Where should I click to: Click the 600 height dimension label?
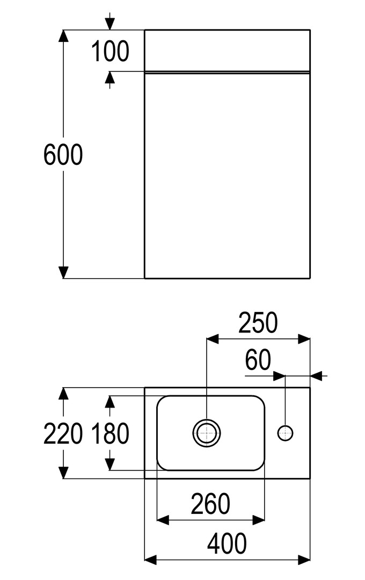[x=63, y=155]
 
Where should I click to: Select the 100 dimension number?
[x=110, y=51]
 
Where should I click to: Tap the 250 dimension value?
[x=258, y=323]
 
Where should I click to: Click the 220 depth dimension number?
[x=63, y=433]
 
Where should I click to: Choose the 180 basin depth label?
[x=110, y=433]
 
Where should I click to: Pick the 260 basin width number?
[x=210, y=504]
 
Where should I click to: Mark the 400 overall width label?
[x=227, y=543]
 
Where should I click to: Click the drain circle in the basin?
[x=207, y=433]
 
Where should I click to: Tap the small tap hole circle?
[x=285, y=433]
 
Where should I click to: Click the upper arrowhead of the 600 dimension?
[x=64, y=35]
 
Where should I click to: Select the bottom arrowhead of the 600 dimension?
[x=64, y=272]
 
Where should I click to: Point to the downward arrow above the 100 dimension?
[x=110, y=21]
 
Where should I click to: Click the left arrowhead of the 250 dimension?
[x=212, y=338]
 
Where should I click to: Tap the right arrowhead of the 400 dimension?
[x=304, y=560]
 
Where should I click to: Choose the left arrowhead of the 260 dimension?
[x=163, y=520]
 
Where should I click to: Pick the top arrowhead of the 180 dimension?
[x=110, y=402]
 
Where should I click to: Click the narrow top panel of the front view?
[x=227, y=50]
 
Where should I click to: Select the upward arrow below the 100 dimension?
[x=110, y=80]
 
